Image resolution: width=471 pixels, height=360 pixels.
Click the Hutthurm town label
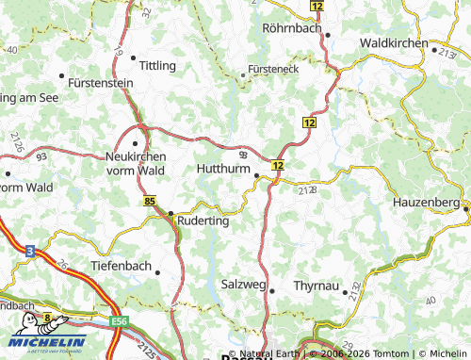pos(222,168)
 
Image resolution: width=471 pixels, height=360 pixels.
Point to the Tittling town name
pos(157,65)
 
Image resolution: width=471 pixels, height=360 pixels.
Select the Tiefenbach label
pos(121,266)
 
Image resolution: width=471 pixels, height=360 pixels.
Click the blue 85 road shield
pos(151,201)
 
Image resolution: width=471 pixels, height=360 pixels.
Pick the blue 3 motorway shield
pos(30,252)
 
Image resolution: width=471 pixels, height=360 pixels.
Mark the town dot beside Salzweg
pos(272,291)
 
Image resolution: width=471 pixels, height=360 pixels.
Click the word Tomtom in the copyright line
pos(386,353)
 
